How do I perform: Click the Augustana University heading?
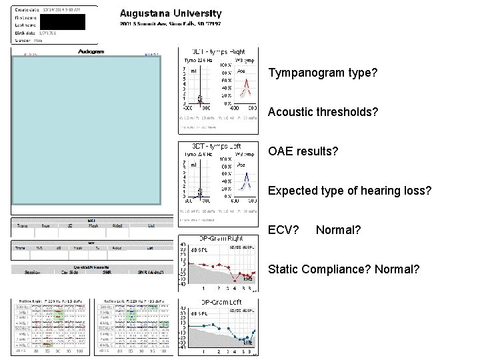171,13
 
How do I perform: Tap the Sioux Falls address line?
171,24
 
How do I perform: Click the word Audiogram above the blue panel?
91,51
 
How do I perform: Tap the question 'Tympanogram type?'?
323,73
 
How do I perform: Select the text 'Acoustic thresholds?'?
323,112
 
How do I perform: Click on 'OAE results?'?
303,151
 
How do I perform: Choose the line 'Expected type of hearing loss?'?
349,191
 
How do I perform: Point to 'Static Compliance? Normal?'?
343,269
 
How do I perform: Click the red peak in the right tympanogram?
247,83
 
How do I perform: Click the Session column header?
32,272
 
